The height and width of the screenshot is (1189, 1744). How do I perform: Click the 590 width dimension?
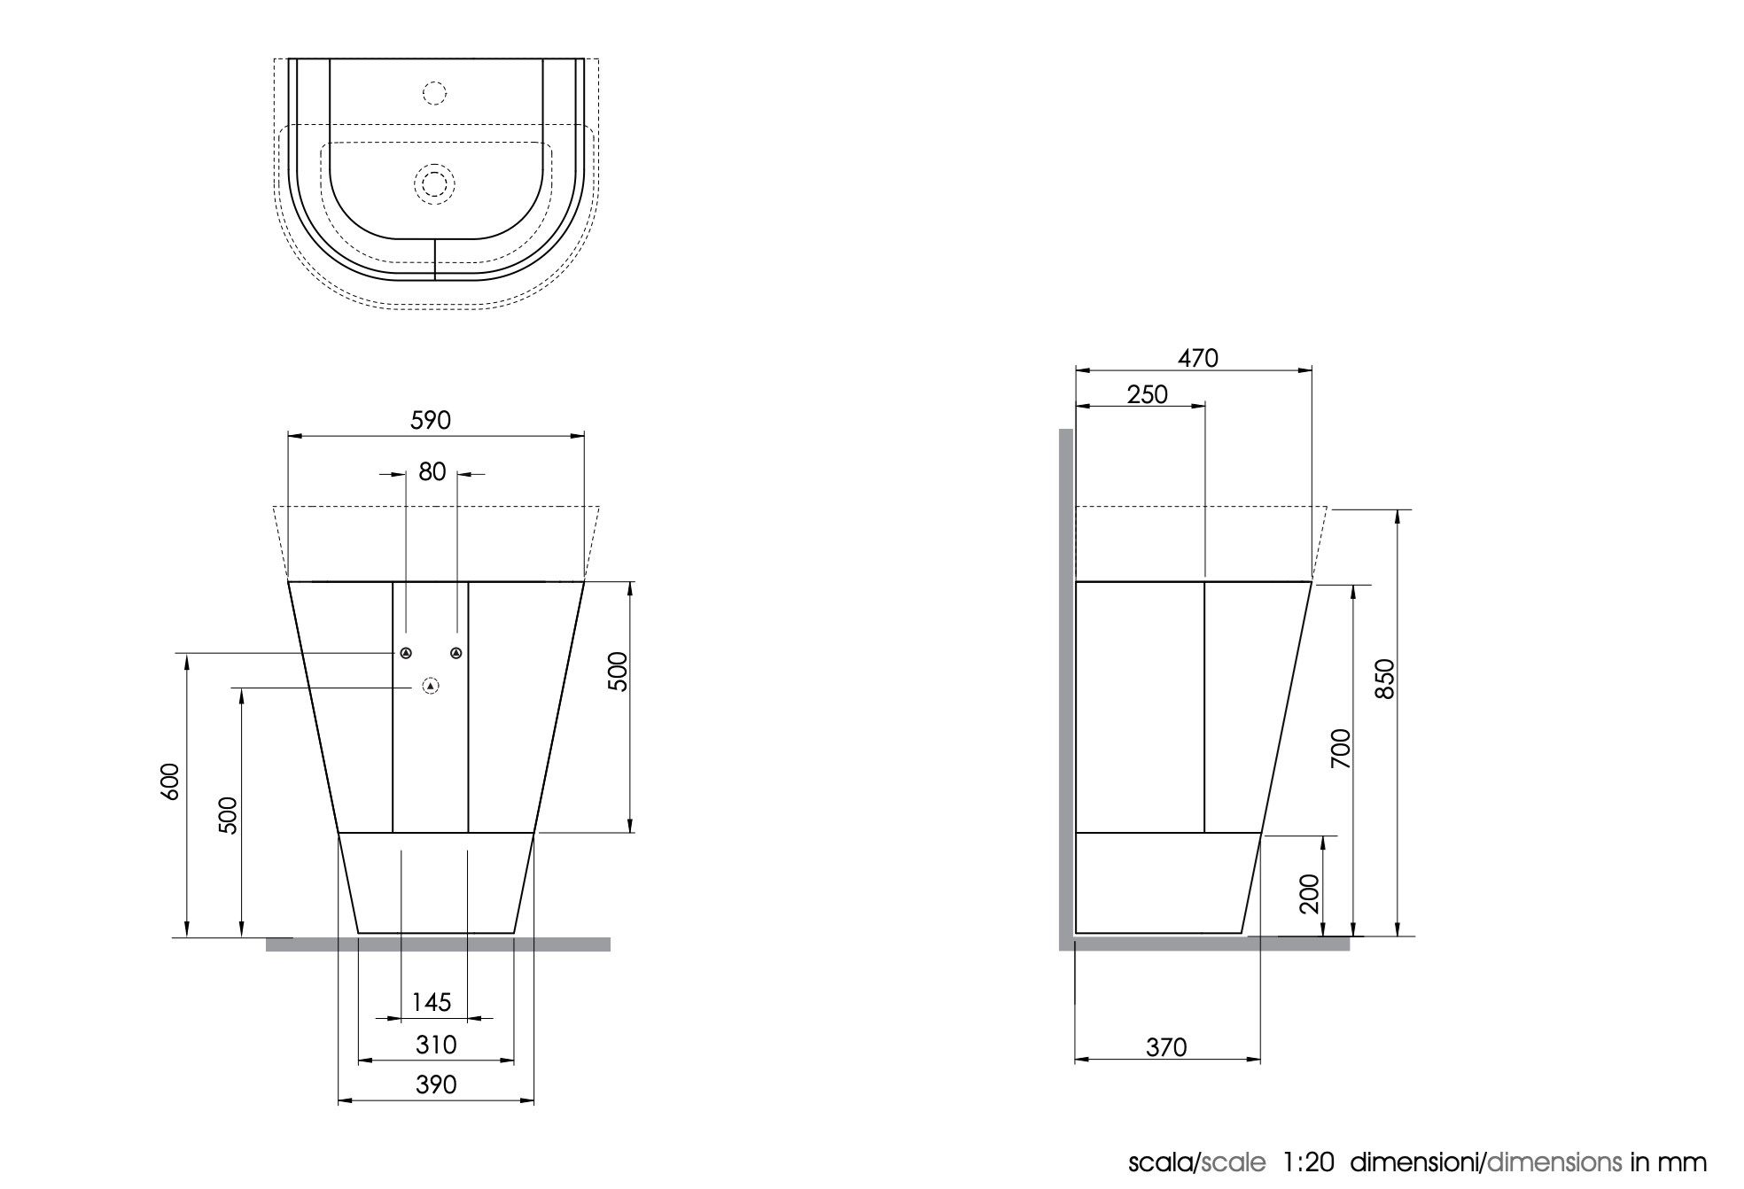pyautogui.click(x=431, y=420)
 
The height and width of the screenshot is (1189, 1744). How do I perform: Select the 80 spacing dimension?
pyautogui.click(x=432, y=471)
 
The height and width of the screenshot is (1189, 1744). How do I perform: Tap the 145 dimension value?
pyautogui.click(x=432, y=1002)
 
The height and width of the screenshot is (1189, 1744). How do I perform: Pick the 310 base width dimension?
pyautogui.click(x=436, y=1045)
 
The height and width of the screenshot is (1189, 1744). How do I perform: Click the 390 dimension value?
pyautogui.click(x=436, y=1084)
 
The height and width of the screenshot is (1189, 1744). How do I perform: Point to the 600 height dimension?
pyautogui.click(x=171, y=781)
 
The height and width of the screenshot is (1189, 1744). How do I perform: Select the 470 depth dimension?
pyautogui.click(x=1198, y=358)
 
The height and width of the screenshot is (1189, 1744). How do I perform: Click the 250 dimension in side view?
pyautogui.click(x=1148, y=394)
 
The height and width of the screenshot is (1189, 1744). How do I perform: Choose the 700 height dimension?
pyautogui.click(x=1341, y=748)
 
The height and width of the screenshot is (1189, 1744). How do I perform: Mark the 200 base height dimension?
pyautogui.click(x=1310, y=893)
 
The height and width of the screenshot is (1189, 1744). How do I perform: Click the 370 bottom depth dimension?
pyautogui.click(x=1166, y=1047)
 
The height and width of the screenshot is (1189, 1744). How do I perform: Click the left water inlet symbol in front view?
pyautogui.click(x=406, y=654)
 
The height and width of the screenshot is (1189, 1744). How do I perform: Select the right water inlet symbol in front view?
pyautogui.click(x=456, y=654)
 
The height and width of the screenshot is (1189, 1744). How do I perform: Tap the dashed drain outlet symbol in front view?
pyautogui.click(x=431, y=686)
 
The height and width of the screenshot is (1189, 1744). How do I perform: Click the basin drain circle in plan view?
pyautogui.click(x=434, y=183)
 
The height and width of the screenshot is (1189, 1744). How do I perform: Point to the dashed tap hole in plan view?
pyautogui.click(x=434, y=92)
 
